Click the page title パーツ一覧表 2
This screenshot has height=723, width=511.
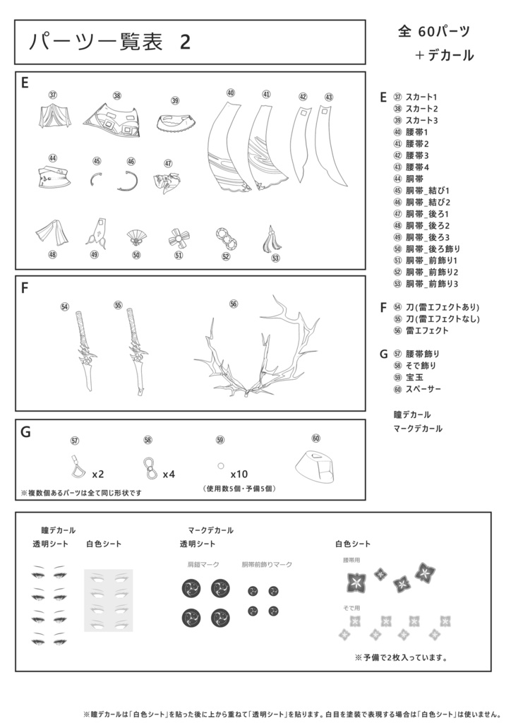pos(109,42)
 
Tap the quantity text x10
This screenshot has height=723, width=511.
pos(239,474)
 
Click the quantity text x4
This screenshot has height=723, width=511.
pos(169,474)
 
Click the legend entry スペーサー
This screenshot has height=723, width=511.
pos(423,389)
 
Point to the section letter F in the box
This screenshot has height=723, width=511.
pos(25,288)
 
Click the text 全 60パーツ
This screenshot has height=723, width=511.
pos(434,31)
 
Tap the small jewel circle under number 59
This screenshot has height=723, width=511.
pos(220,466)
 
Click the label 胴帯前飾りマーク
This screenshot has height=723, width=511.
pos(267,565)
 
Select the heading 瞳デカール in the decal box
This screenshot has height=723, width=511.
pos(59,530)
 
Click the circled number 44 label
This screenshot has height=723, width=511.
pos(52,158)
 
